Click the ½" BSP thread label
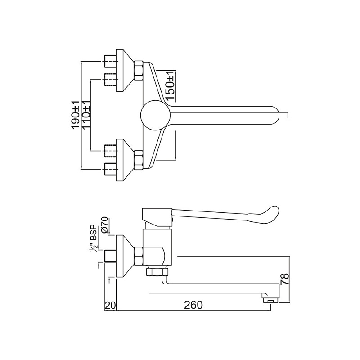coord(95,237)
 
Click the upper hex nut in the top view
coord(139,70)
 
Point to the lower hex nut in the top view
coord(139,160)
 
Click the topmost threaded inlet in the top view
coord(110,59)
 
